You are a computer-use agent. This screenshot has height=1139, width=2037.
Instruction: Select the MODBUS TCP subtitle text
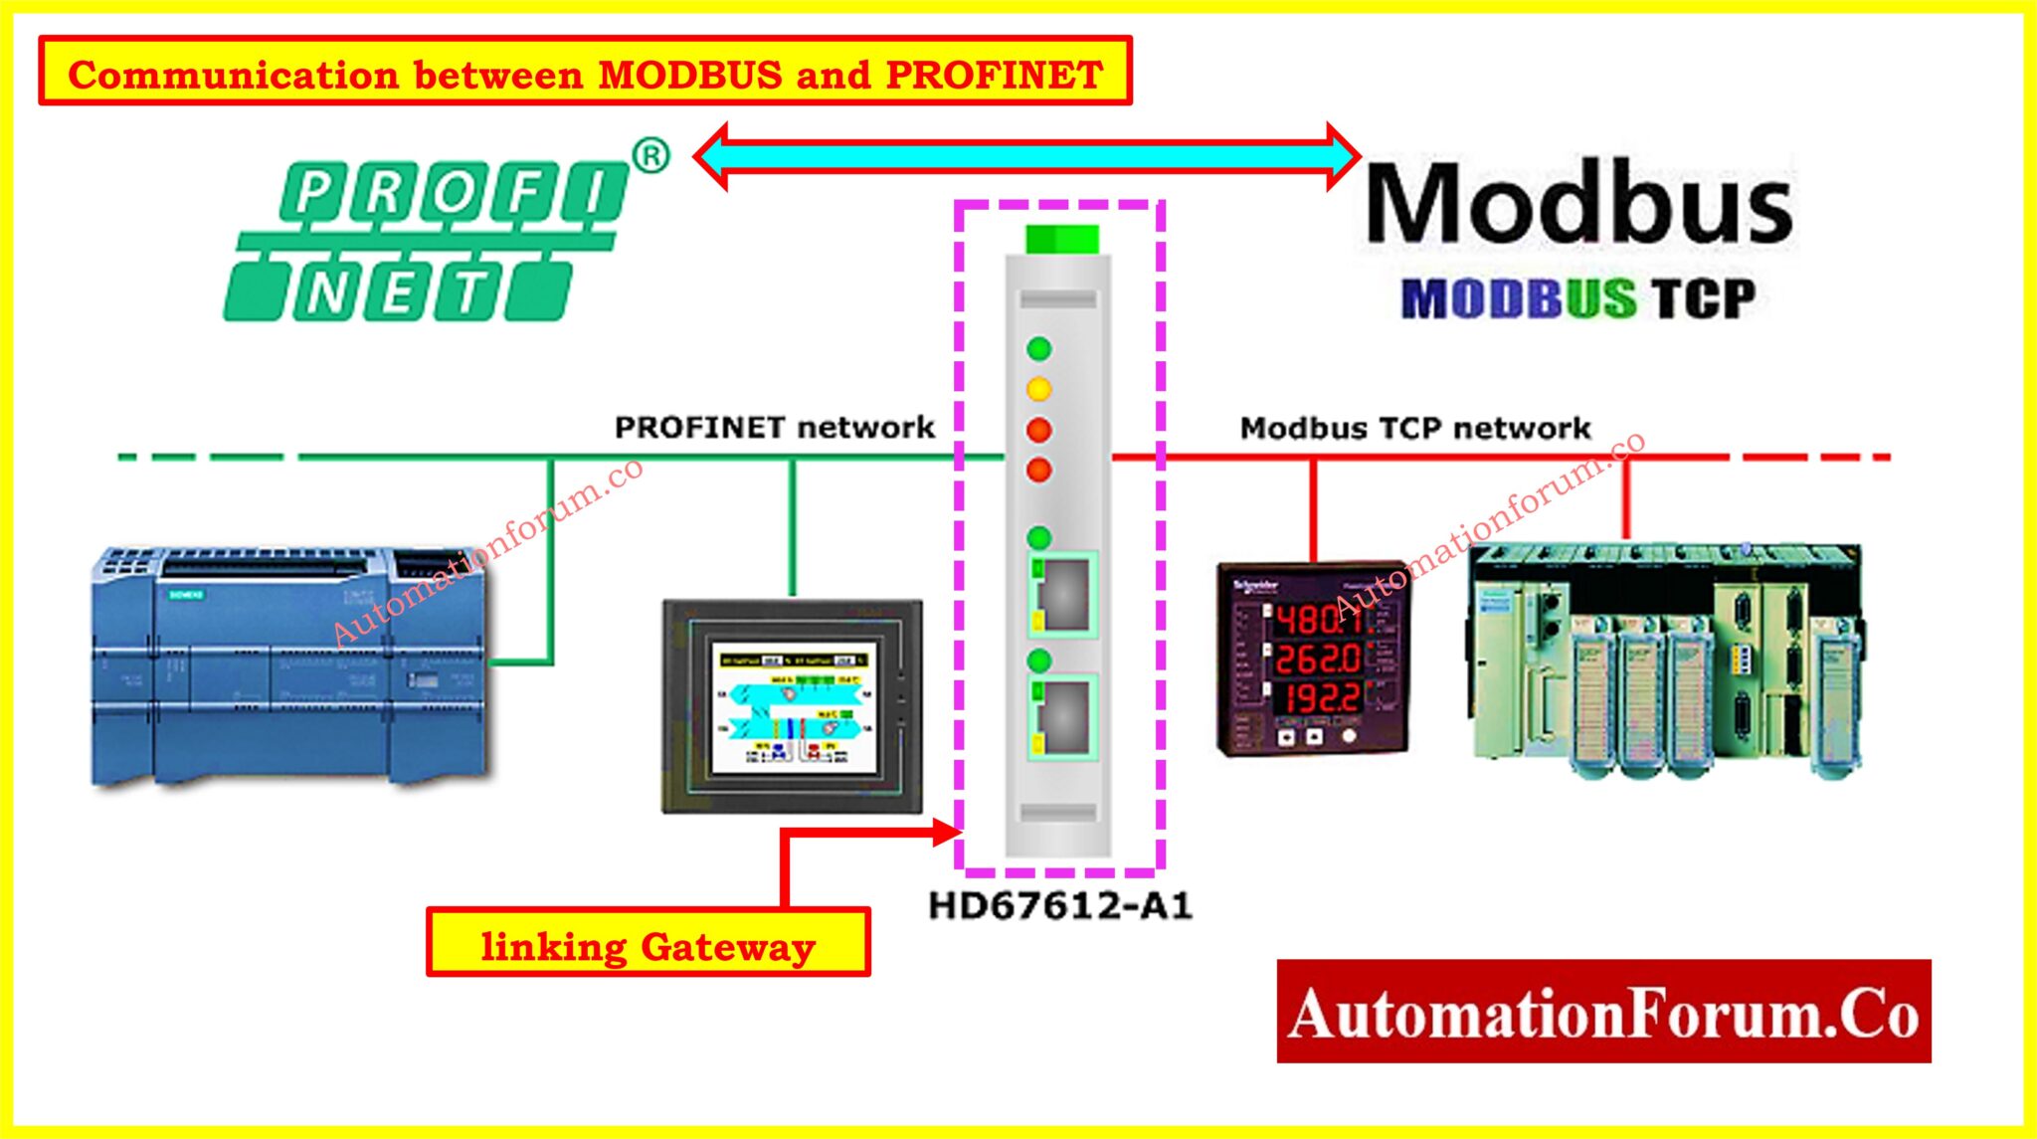[x=1578, y=297]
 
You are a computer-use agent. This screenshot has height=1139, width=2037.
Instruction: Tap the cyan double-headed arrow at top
[x=1026, y=155]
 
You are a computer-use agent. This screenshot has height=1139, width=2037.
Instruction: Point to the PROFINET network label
[x=774, y=428]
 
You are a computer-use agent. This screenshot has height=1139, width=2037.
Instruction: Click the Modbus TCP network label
[x=1414, y=429]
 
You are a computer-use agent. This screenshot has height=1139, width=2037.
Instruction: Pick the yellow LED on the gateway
[x=1038, y=389]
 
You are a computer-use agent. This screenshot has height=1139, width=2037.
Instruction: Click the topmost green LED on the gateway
[x=1038, y=348]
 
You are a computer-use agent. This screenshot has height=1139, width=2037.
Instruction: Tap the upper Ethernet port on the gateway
[x=1063, y=594]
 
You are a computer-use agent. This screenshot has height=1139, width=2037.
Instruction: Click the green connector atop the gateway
[x=1061, y=239]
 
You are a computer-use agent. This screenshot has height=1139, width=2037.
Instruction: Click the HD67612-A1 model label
[x=1059, y=906]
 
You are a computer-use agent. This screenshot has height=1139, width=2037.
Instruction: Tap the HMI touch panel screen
[x=793, y=704]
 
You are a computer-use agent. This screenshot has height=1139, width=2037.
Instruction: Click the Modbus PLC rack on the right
[x=1663, y=657]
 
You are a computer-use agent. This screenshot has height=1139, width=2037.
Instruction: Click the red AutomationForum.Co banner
[x=1603, y=1012]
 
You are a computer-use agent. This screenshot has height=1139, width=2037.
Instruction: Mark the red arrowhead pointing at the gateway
[x=947, y=832]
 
